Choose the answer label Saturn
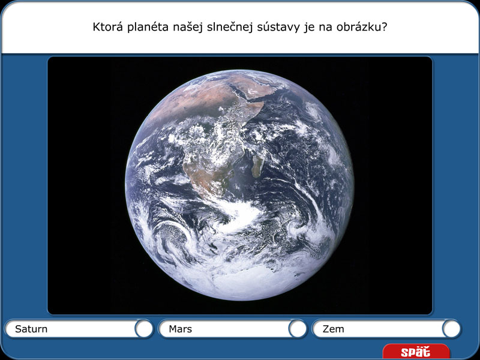coord(31,329)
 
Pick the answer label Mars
coord(180,329)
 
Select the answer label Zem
coord(334,329)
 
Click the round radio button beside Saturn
coord(144,328)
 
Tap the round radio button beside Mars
coord(298,328)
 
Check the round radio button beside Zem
coord(451,328)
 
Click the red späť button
coord(415,352)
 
